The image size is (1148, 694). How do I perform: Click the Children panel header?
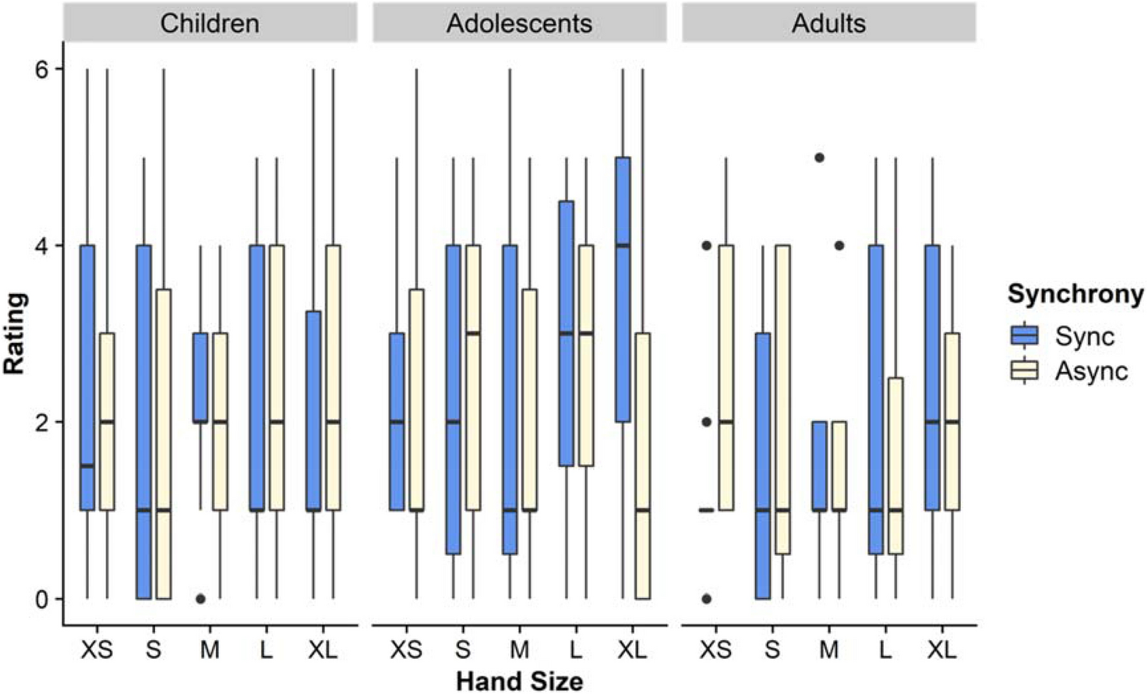[x=210, y=23]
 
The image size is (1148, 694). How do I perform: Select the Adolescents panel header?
[x=519, y=23]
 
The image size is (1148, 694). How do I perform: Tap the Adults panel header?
[x=828, y=23]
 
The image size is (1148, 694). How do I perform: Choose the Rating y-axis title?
[x=15, y=333]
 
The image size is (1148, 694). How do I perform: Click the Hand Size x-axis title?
[x=519, y=680]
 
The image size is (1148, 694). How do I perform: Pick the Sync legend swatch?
[x=1024, y=335]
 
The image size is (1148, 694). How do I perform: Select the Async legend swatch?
[x=1024, y=370]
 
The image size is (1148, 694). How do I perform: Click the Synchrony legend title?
[x=1075, y=294]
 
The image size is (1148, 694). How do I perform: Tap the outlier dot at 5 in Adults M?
[x=819, y=158]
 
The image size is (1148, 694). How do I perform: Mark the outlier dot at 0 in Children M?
[x=200, y=599]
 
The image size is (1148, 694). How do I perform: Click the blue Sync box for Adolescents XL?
[x=623, y=289]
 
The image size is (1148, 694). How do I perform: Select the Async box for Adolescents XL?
[x=642, y=466]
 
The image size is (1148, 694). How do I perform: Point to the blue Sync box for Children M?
[x=200, y=377]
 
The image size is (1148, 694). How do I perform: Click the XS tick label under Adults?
[x=715, y=649]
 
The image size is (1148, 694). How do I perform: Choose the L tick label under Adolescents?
[x=576, y=649]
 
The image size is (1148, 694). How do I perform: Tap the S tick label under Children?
[x=153, y=649]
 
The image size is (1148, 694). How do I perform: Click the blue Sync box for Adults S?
[x=762, y=466]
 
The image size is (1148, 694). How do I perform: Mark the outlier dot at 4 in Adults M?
[x=839, y=246]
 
